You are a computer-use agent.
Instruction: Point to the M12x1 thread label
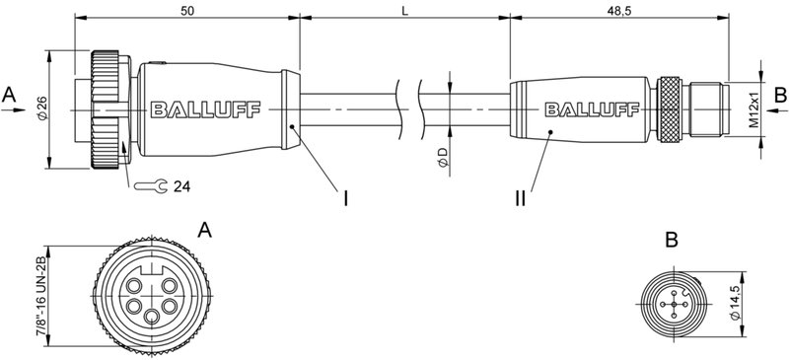click(x=752, y=109)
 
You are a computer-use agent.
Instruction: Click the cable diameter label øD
click(x=443, y=157)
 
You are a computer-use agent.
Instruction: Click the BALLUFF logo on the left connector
click(x=206, y=109)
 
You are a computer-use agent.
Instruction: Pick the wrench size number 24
click(x=181, y=185)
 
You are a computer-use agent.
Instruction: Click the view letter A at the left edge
click(x=10, y=95)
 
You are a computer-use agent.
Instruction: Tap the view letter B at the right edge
click(x=779, y=95)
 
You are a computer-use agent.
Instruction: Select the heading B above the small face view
click(x=672, y=240)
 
